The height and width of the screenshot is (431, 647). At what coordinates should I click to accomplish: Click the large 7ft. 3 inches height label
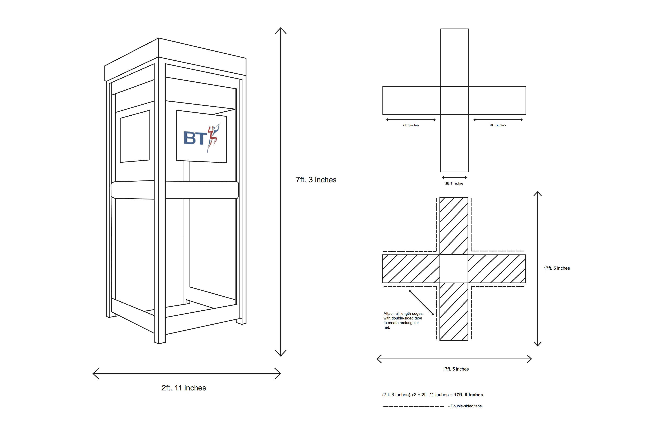[x=316, y=180]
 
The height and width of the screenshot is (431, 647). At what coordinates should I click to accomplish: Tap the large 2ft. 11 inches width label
[x=184, y=388]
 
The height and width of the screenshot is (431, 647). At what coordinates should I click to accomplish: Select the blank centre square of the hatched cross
[x=454, y=269]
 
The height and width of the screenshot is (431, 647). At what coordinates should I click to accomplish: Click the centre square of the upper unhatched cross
[x=454, y=100]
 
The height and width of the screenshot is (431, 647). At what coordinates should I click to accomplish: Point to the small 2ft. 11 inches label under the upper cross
[x=454, y=184]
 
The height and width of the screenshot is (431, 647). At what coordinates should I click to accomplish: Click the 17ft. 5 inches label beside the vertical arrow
[x=556, y=268]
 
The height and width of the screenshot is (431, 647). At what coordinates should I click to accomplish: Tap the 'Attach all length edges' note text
[x=403, y=320]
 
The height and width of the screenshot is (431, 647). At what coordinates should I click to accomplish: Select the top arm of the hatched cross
[x=454, y=226]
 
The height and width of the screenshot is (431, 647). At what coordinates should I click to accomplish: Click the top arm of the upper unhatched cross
[x=454, y=58]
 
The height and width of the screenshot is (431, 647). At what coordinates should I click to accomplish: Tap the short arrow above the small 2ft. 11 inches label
[x=454, y=178]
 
